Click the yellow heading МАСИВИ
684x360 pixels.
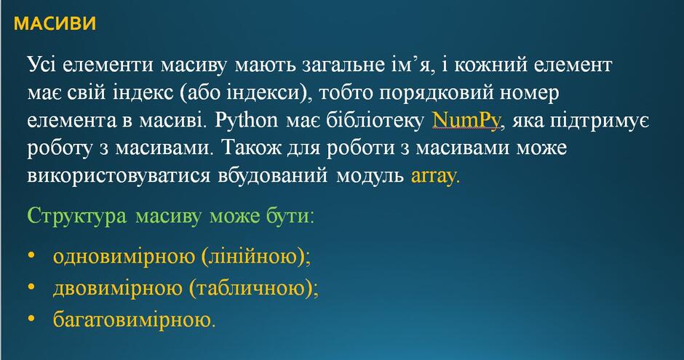55,23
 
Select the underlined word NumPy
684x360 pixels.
466,120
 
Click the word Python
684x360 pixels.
247,120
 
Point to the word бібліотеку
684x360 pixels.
375,120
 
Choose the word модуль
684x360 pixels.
370,177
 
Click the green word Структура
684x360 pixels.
77,216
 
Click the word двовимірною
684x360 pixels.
118,289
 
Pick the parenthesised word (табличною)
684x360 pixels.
251,289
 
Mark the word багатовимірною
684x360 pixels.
132,320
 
